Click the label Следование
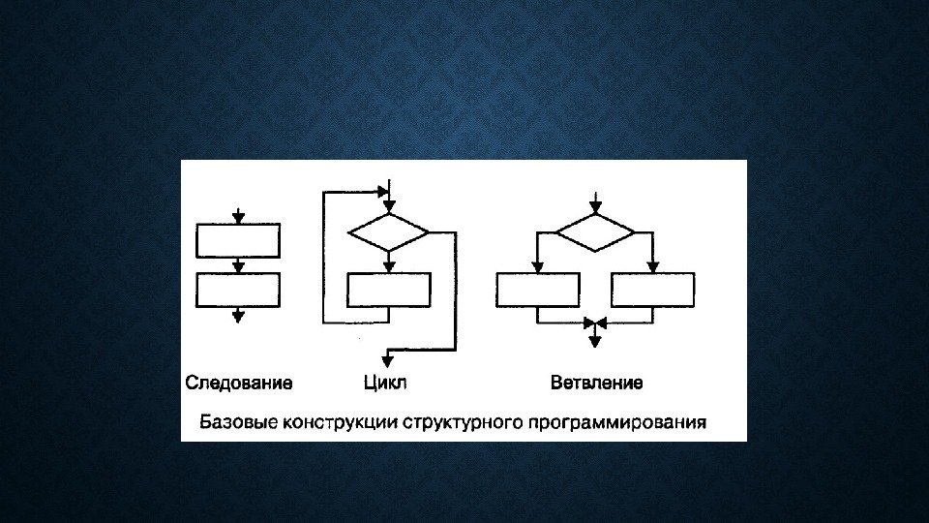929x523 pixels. point(238,383)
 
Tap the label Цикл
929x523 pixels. point(384,383)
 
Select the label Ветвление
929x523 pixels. point(596,383)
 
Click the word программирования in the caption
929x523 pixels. point(616,422)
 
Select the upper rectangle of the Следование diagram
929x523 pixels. point(238,240)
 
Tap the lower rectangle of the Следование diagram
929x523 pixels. point(238,290)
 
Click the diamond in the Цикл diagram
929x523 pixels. point(388,233)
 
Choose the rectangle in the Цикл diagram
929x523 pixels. point(388,290)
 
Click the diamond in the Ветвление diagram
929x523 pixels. point(595,233)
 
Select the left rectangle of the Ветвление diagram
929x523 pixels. point(538,290)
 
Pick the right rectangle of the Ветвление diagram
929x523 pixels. point(652,290)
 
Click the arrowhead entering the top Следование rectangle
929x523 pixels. point(238,218)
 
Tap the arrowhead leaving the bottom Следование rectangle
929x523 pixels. point(238,315)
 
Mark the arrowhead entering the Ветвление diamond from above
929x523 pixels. point(595,207)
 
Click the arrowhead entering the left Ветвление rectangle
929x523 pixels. point(538,267)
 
